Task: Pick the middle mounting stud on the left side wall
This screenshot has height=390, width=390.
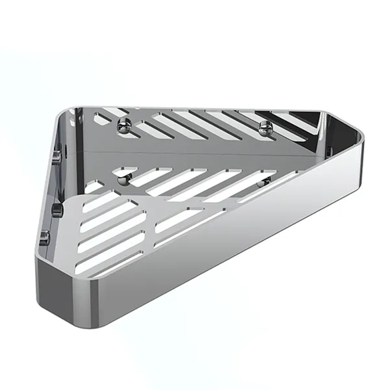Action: (56, 209)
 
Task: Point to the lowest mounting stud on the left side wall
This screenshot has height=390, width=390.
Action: (44, 238)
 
